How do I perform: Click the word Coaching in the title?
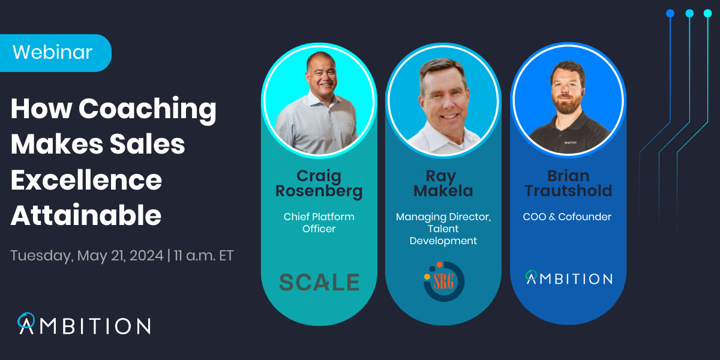tap(148, 109)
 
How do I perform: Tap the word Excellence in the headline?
tap(86, 179)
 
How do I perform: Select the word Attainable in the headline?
tap(86, 215)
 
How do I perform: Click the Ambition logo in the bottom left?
tap(84, 325)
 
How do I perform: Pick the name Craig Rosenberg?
tap(319, 184)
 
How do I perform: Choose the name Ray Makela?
tap(443, 184)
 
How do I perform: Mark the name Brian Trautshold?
tap(568, 184)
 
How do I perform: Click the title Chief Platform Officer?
tap(319, 223)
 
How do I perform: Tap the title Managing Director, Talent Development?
tap(443, 229)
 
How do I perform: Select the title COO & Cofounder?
tap(568, 217)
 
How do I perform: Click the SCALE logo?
tap(319, 281)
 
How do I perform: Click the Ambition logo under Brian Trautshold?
tap(569, 278)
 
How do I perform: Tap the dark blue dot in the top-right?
tap(670, 13)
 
